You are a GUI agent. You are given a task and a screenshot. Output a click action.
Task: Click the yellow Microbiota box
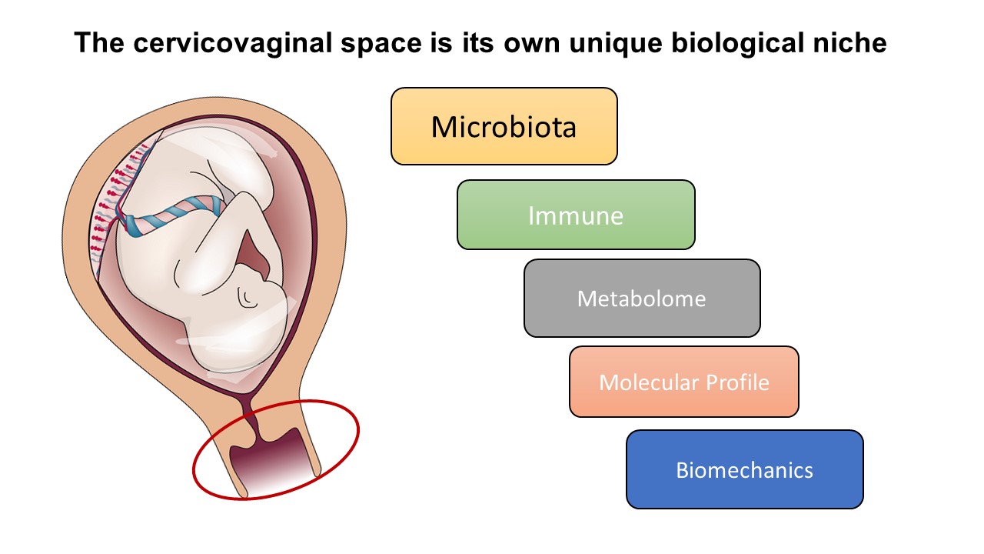tap(504, 126)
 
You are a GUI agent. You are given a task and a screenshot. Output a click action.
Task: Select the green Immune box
tap(576, 215)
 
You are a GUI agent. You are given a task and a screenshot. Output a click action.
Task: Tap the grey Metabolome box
tap(642, 298)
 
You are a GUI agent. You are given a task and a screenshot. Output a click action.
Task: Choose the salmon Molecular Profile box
tap(684, 382)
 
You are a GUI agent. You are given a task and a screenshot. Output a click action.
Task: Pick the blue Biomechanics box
tap(745, 469)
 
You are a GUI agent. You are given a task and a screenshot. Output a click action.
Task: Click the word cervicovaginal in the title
tap(232, 43)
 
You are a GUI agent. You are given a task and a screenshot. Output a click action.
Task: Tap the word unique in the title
tap(615, 44)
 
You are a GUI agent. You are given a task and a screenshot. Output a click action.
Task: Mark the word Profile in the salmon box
tap(737, 382)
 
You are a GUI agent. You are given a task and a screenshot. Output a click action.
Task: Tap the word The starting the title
tap(99, 42)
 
